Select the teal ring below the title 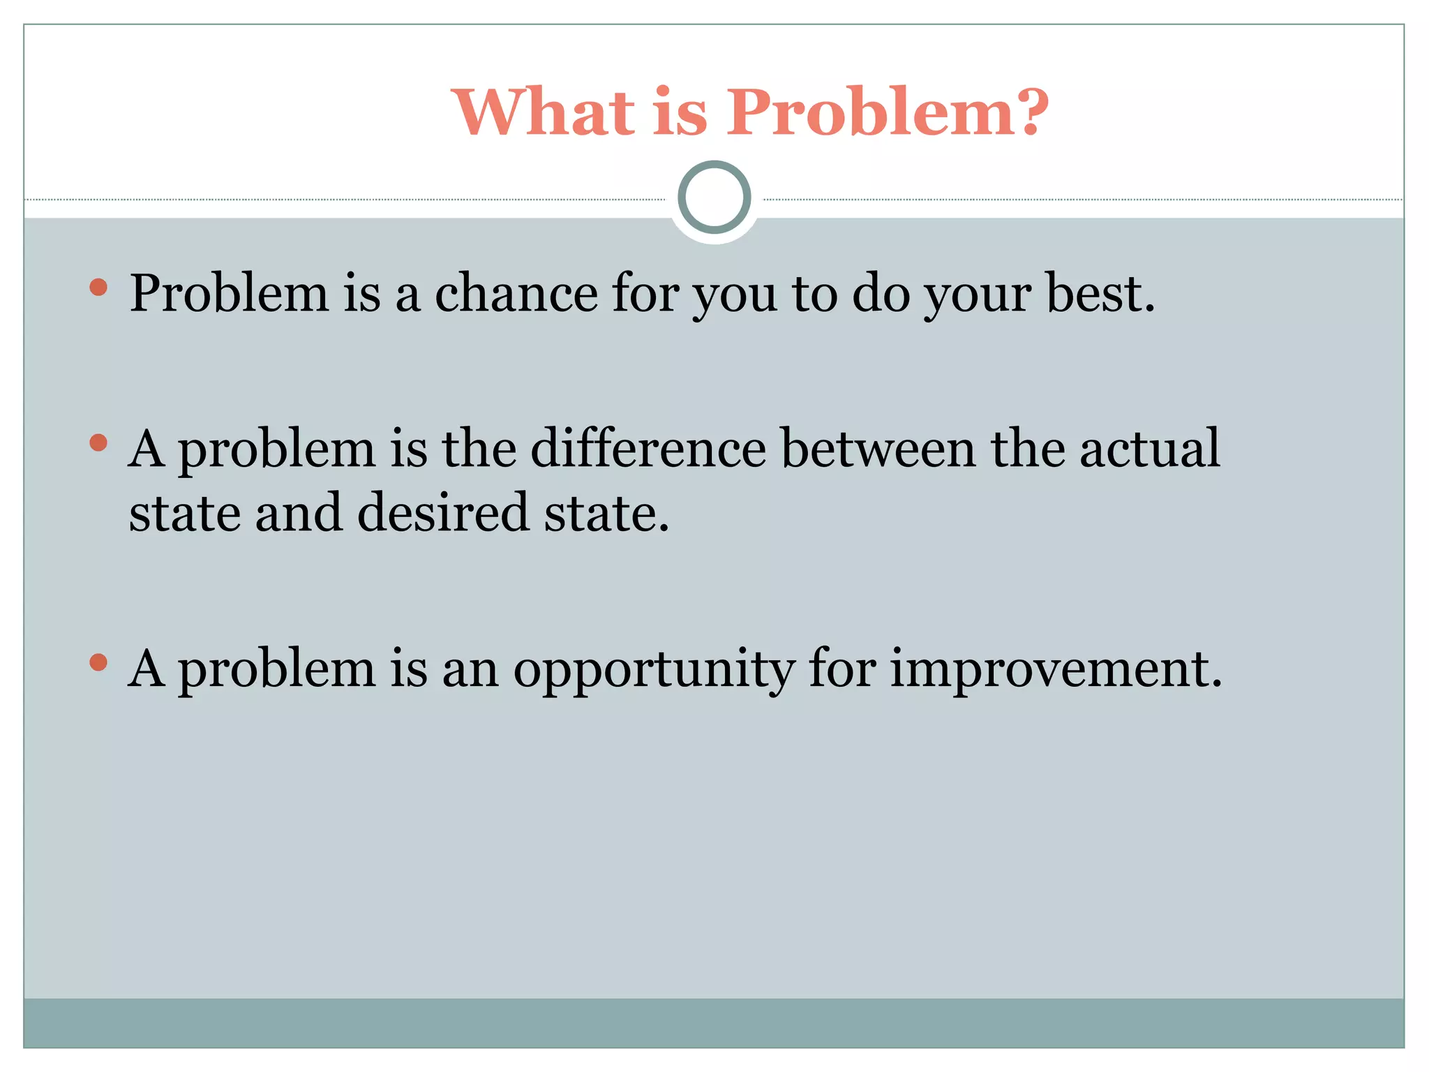click(x=714, y=197)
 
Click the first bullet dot click(x=98, y=287)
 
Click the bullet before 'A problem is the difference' click(x=98, y=442)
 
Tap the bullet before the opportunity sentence click(x=98, y=662)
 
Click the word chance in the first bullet click(x=516, y=293)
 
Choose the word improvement click(x=1056, y=669)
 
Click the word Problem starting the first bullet click(x=229, y=293)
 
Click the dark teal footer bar click(x=714, y=1022)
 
